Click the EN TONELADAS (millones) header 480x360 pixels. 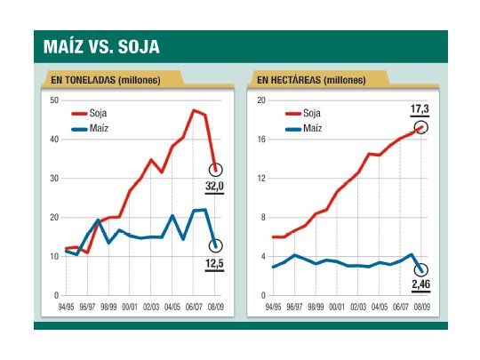pos(106,80)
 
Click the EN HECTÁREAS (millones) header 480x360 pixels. pos(311,80)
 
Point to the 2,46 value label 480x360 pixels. pos(420,286)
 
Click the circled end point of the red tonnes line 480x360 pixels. pos(216,169)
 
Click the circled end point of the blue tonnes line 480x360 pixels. pos(216,246)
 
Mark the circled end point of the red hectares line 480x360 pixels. pos(421,127)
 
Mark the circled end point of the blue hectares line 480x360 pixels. pos(421,270)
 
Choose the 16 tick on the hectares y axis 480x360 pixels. pos(260,140)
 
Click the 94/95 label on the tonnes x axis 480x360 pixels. pos(66,304)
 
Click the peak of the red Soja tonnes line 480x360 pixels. pos(195,110)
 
